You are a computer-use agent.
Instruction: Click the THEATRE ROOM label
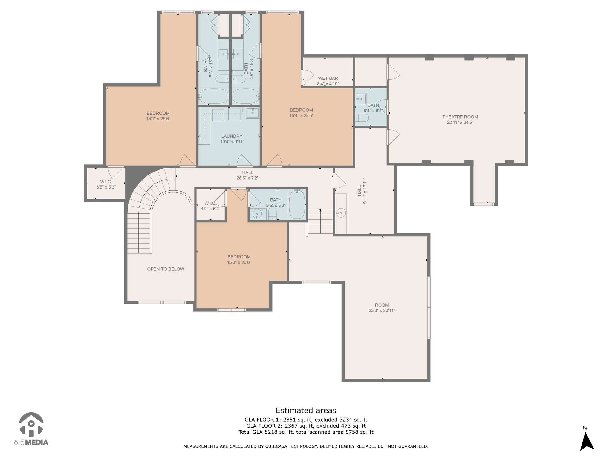pos(460,117)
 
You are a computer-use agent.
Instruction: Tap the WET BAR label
pos(328,78)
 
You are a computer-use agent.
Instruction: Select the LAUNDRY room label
pos(232,136)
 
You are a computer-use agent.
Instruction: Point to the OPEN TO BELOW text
pos(166,269)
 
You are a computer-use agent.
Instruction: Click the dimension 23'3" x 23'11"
pos(382,310)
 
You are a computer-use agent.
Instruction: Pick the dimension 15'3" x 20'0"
pos(239,262)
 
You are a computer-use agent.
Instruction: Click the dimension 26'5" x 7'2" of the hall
pos(247,178)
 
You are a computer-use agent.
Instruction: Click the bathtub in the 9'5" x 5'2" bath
pos(297,205)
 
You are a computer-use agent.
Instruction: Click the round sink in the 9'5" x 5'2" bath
pos(257,214)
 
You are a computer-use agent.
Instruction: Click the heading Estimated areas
pos(306,410)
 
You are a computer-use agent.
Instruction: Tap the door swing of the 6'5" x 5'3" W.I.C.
pos(117,172)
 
